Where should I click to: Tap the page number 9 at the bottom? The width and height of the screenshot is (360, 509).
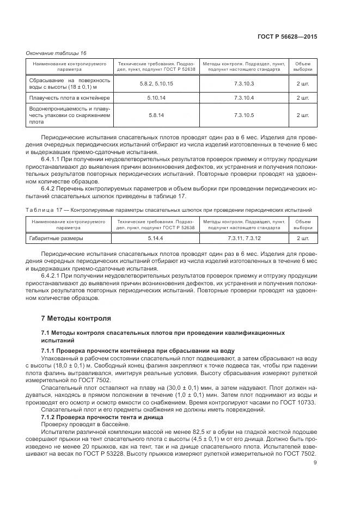pos(315,463)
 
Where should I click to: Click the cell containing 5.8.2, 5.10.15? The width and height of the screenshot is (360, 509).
pos(156,83)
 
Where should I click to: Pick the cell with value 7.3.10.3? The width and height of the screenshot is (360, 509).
pos(244,83)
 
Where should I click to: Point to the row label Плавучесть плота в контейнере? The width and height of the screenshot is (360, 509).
pos(70,98)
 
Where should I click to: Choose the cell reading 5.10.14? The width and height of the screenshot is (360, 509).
pos(156,98)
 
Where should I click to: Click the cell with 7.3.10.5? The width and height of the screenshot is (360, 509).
pos(244,115)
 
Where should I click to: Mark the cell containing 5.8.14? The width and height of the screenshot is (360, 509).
pos(156,115)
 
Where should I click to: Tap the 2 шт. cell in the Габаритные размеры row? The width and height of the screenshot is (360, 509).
pos(303,238)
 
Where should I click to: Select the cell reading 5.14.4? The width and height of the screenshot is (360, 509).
pos(156,238)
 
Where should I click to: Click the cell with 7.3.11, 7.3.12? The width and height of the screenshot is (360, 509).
pos(244,238)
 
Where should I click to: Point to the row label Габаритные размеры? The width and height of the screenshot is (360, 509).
pos(49,238)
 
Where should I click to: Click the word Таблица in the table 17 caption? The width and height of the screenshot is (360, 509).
pos(39,210)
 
